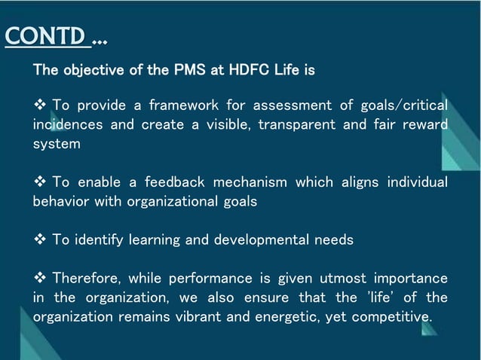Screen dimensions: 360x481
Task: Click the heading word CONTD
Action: coord(47,36)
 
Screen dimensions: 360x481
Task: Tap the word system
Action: coord(55,143)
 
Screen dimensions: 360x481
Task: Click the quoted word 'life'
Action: coord(384,297)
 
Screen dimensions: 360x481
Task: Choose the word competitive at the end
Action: coord(392,317)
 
